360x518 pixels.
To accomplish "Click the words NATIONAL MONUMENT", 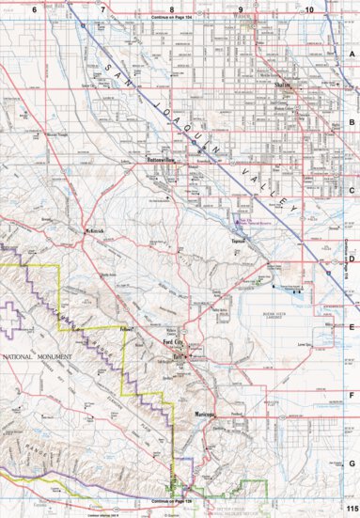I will point(32,358).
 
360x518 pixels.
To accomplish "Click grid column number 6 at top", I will point(35,9).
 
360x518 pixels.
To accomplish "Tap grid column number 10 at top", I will point(309,9).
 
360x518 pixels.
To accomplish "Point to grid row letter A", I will point(352,55).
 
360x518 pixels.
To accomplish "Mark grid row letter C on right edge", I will point(352,191).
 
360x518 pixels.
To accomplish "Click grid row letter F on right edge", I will point(352,396).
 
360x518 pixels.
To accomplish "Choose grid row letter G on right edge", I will point(352,463).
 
